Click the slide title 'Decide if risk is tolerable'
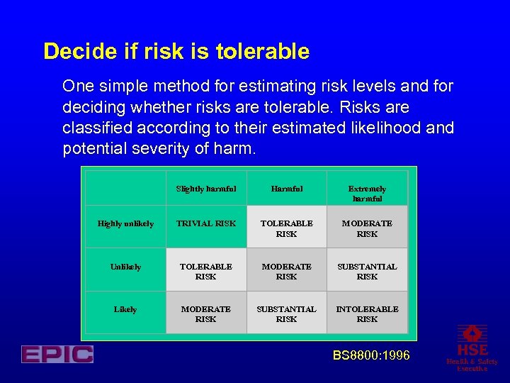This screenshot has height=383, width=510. pyautogui.click(x=176, y=52)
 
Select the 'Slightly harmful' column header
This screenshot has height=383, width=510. pyautogui.click(x=206, y=189)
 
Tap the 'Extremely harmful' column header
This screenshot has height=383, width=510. pyautogui.click(x=367, y=194)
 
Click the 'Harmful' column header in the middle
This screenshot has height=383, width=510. pyautogui.click(x=286, y=189)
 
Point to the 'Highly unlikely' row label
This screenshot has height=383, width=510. pyautogui.click(x=125, y=224)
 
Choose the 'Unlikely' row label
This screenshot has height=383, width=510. pyautogui.click(x=125, y=267)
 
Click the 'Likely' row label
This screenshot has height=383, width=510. pyautogui.click(x=125, y=310)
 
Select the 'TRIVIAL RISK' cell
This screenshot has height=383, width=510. pyautogui.click(x=206, y=224)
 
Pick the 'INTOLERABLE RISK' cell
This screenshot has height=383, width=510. pyautogui.click(x=367, y=313)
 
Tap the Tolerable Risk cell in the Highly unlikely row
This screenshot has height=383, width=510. pyautogui.click(x=286, y=228)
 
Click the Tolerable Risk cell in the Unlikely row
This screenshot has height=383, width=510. pyautogui.click(x=206, y=271)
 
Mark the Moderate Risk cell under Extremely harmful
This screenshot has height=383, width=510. pyautogui.click(x=367, y=228)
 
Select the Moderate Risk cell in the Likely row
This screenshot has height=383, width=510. pyautogui.click(x=206, y=313)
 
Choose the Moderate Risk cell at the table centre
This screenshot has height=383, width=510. pyautogui.click(x=286, y=271)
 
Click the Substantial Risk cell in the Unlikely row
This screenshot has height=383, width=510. pyautogui.click(x=367, y=271)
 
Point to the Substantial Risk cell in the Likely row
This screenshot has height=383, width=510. pyautogui.click(x=286, y=313)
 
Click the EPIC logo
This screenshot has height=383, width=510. pyautogui.click(x=57, y=354)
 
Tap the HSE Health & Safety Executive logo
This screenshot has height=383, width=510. pyautogui.click(x=472, y=348)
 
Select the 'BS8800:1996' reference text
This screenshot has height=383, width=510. pyautogui.click(x=371, y=355)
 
